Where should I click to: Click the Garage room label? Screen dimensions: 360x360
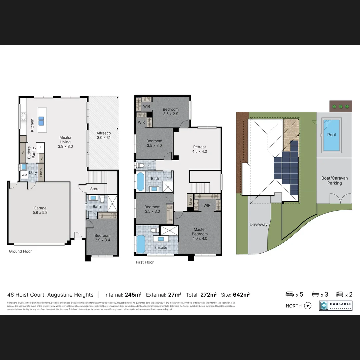pos(40,210)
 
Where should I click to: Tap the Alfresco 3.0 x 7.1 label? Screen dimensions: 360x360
pos(104,135)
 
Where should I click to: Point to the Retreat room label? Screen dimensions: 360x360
pos(200,149)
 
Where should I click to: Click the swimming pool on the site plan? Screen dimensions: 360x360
pos(331,135)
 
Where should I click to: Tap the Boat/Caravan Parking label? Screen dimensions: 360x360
pos(334,181)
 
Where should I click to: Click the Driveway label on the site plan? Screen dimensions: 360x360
pos(259,225)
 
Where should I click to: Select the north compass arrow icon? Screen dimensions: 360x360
pos(308,306)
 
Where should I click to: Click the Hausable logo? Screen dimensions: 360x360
pos(335,306)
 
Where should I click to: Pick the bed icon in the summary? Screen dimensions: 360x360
pos(290,294)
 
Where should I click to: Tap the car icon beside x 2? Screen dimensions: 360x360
pos(340,294)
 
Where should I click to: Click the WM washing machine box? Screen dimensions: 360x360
pos(24,175)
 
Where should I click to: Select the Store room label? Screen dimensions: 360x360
pos(95,189)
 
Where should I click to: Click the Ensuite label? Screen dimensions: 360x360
pos(161,248)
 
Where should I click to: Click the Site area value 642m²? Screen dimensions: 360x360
pos(241,295)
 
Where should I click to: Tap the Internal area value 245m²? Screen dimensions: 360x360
pos(133,295)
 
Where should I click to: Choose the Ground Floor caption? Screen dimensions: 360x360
pos(20,251)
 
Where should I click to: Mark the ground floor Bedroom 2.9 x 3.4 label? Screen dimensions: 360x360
pos(102,238)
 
